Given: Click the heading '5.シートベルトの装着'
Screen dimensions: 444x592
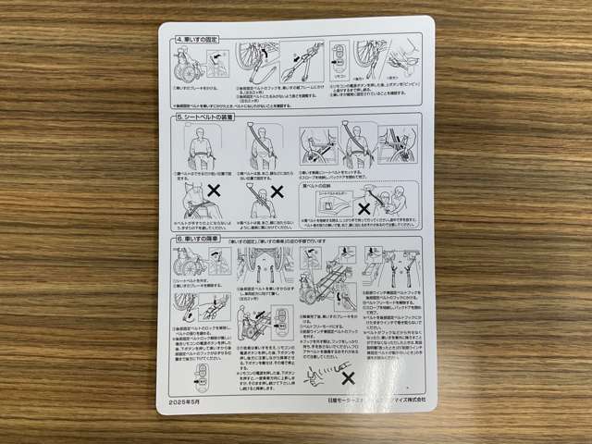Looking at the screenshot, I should coord(206,117).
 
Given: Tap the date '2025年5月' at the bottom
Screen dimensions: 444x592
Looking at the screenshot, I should coord(186,404).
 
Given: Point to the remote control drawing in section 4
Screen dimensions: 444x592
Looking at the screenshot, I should coord(339,60).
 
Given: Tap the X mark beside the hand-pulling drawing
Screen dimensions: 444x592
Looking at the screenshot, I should coord(348,378).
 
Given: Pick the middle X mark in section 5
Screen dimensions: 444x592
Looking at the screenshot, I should coord(278,195).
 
